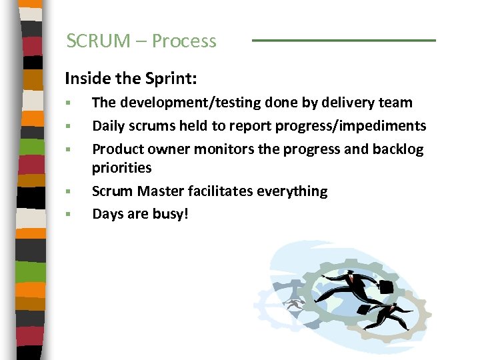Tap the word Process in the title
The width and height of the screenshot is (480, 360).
(x=184, y=41)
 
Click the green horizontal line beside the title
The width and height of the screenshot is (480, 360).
(x=343, y=40)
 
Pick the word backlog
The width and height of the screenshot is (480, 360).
(x=399, y=149)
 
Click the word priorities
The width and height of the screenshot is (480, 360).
(x=122, y=168)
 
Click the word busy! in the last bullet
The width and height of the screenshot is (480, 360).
(x=171, y=214)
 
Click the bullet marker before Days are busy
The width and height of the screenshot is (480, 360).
(x=68, y=215)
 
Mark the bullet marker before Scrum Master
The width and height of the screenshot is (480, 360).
(x=68, y=191)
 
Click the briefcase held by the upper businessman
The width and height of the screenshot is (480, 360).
(x=386, y=287)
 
